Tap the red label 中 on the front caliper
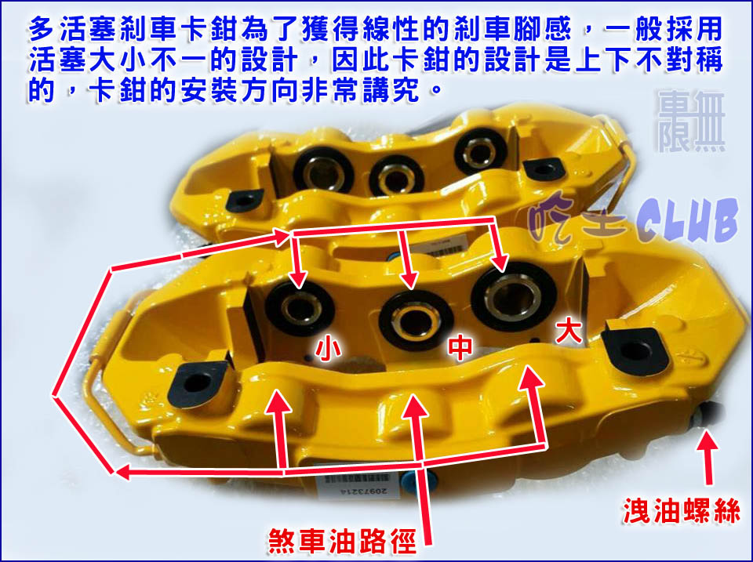[x=460, y=347]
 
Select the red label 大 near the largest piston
[x=569, y=332]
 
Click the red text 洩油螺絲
[x=681, y=510]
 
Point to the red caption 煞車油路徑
[x=342, y=542]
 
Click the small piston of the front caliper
[x=300, y=308]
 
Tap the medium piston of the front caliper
[x=416, y=320]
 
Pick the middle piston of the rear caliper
[x=397, y=176]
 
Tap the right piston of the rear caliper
[x=480, y=150]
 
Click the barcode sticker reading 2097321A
[x=356, y=484]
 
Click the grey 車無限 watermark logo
[x=692, y=121]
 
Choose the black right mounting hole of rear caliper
[x=543, y=169]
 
